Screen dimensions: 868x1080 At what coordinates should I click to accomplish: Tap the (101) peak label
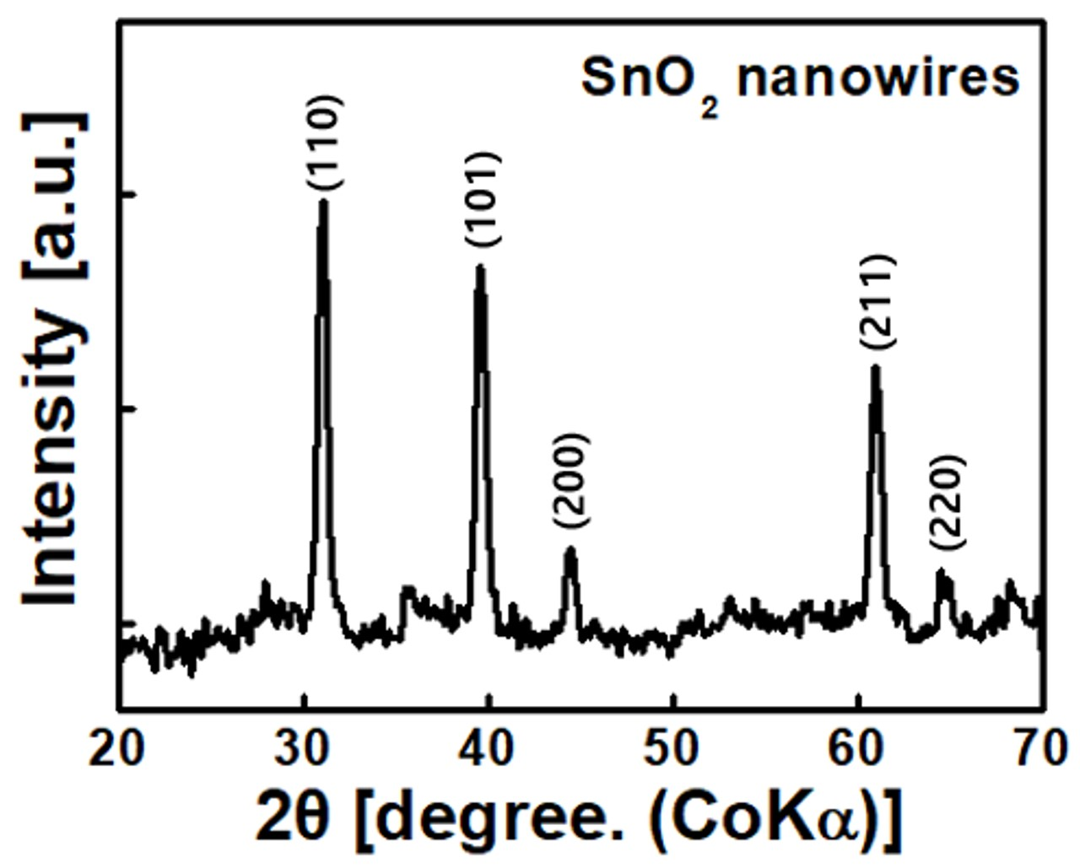point(484,199)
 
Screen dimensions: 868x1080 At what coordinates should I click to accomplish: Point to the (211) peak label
point(877,301)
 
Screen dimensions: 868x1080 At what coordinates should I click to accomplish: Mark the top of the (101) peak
point(480,267)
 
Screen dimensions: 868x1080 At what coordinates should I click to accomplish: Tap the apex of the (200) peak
point(570,548)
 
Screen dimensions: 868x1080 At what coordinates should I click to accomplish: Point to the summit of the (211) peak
point(875,367)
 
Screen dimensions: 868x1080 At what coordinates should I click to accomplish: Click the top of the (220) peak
point(941,571)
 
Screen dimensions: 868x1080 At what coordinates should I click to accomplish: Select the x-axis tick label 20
point(119,748)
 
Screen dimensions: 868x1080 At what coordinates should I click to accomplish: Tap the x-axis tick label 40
point(489,748)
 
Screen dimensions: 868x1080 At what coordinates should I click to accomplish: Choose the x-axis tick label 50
point(673,748)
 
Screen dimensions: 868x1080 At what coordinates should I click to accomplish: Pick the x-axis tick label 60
point(858,748)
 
